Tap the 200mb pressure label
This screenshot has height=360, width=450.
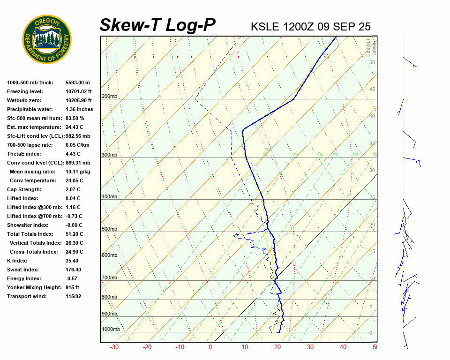[x=109, y=97]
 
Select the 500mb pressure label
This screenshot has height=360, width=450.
[x=109, y=229]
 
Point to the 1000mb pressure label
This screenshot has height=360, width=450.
[x=111, y=330]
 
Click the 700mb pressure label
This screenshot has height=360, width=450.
[x=109, y=278]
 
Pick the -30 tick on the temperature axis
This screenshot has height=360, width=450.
[x=114, y=347]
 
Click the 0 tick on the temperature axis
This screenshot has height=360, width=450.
[x=210, y=347]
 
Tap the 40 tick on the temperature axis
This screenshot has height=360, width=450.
[x=343, y=347]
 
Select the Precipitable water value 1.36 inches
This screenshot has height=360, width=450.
[x=79, y=109]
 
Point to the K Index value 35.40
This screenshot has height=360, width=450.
[x=72, y=261]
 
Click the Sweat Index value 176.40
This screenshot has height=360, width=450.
[x=73, y=270]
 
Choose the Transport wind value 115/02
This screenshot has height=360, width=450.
[x=73, y=296]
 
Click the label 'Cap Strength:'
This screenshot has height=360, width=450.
[x=24, y=189]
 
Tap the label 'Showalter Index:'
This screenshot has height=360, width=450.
[x=28, y=225]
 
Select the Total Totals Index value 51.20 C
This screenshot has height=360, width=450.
[x=75, y=234]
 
